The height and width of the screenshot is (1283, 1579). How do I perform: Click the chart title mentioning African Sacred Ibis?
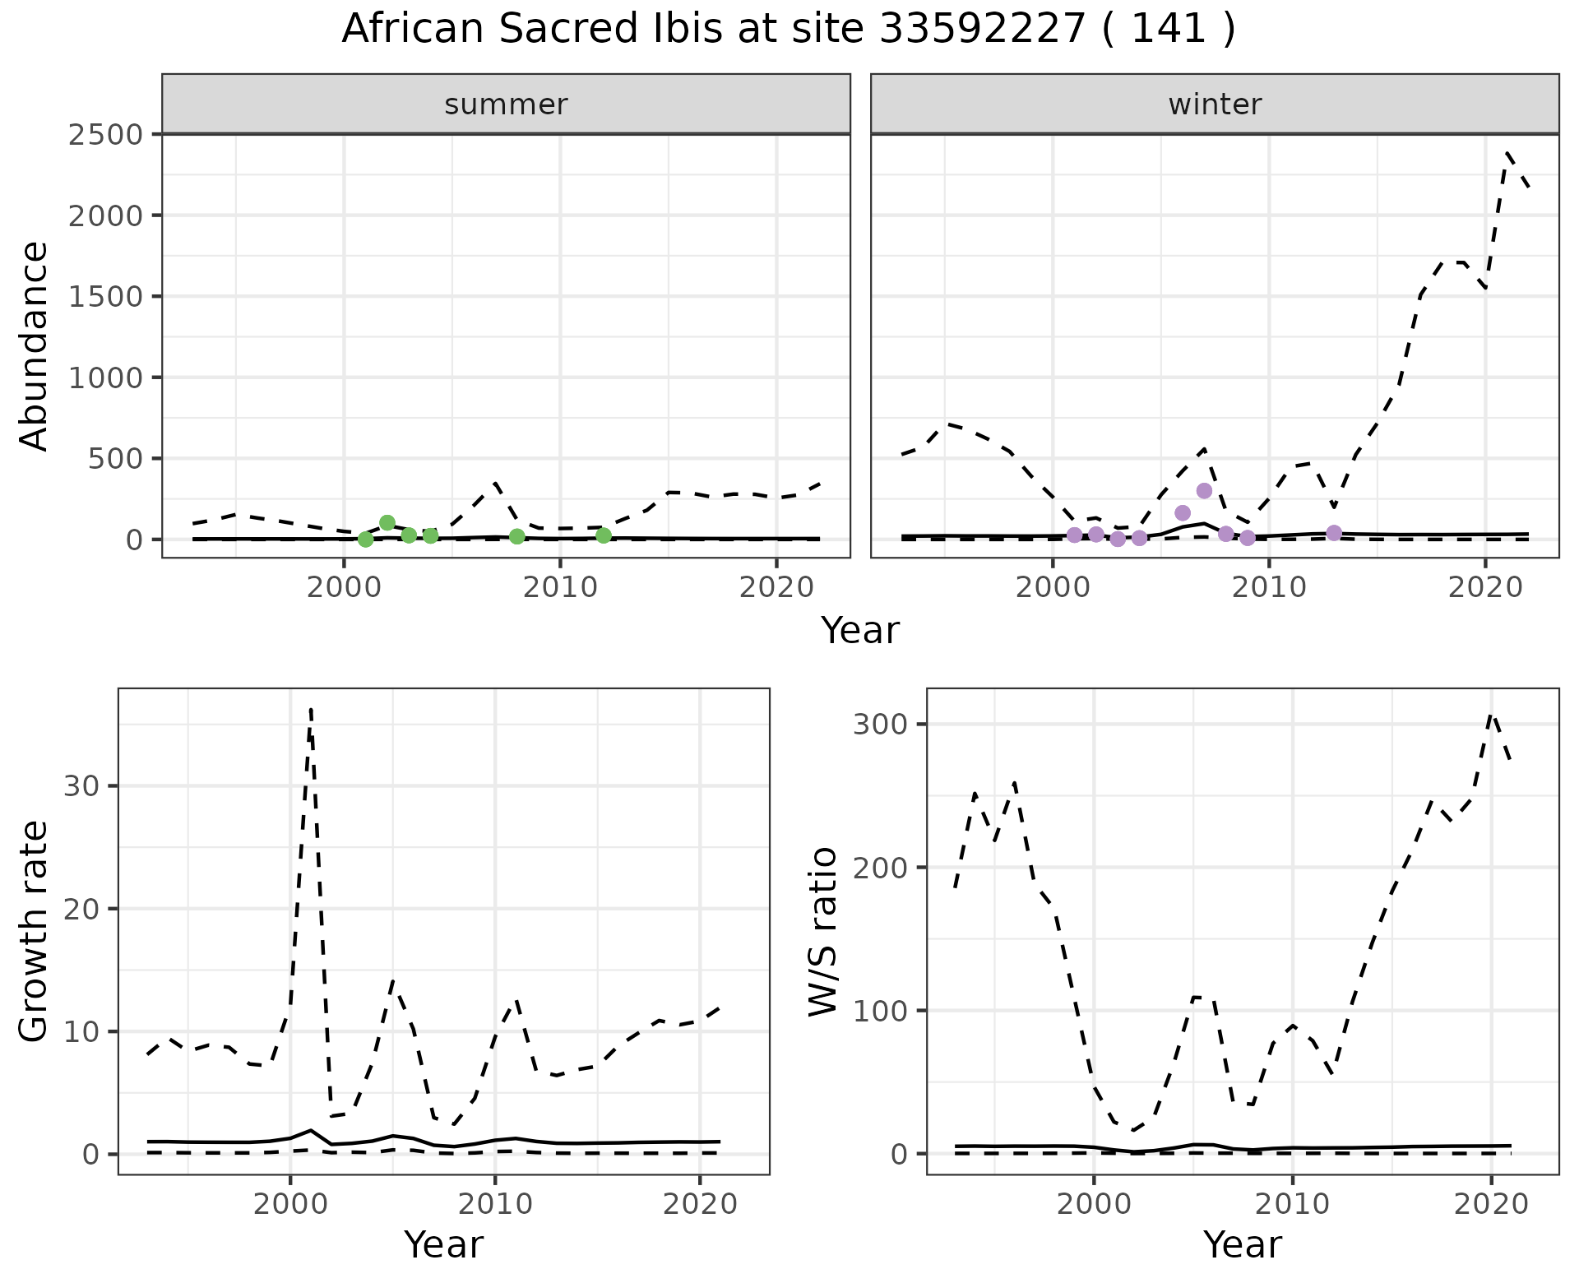(788, 30)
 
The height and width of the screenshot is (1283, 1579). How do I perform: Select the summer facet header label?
(506, 104)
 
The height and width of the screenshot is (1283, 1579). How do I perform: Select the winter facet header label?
(1215, 104)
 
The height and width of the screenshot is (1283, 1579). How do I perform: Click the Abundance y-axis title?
(35, 345)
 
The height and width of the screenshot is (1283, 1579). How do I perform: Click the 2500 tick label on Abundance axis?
(105, 134)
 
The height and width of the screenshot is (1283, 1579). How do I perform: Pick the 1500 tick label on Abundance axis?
(105, 296)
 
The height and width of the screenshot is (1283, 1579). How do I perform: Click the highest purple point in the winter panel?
(1204, 491)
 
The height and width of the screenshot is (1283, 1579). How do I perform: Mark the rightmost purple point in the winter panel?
(1334, 533)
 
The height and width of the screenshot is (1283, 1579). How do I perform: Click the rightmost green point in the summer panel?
(604, 535)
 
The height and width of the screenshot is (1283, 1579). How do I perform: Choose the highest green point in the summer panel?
(387, 523)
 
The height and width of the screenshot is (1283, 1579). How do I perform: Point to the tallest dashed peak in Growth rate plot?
(310, 709)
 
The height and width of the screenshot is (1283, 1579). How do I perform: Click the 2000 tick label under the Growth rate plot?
(289, 1205)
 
